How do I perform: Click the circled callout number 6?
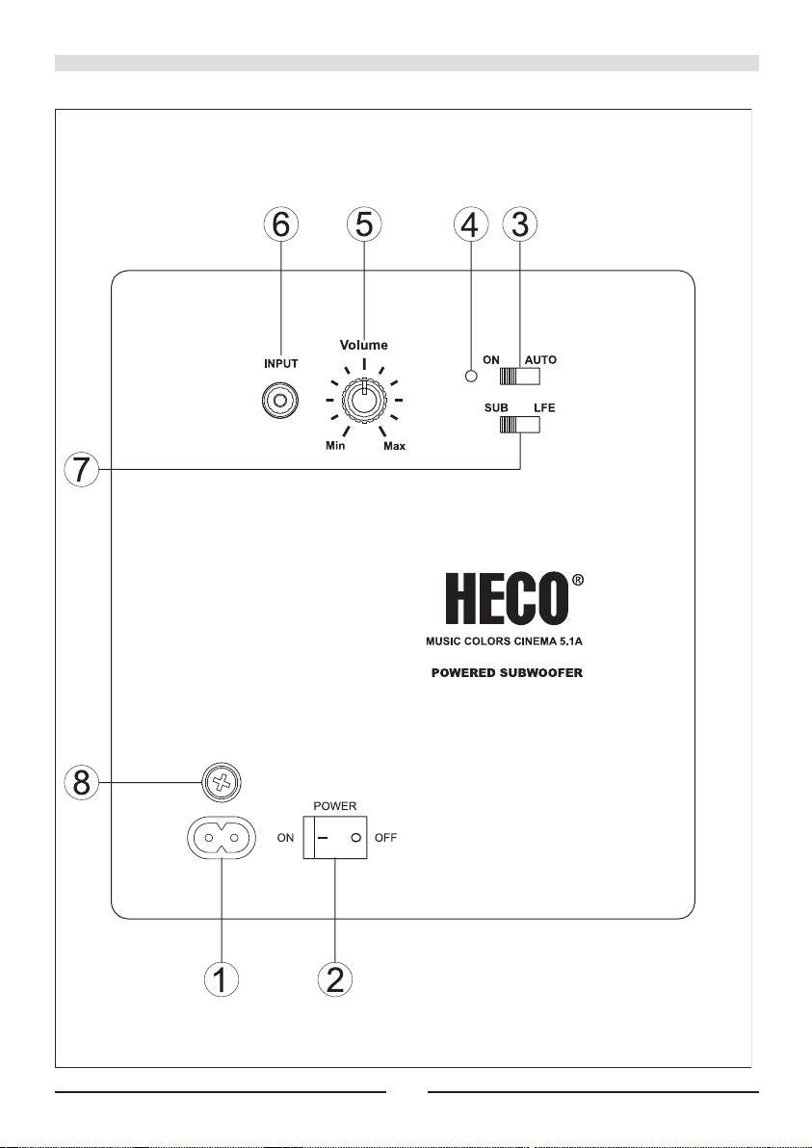click(281, 225)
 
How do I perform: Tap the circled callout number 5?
click(364, 225)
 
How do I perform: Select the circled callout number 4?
click(470, 225)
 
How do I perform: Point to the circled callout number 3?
click(519, 225)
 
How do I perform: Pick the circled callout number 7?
click(81, 470)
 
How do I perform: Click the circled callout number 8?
click(81, 783)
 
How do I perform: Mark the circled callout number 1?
click(221, 978)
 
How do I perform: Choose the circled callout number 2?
click(334, 978)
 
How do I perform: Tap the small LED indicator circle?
click(472, 378)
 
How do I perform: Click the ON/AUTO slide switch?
click(520, 377)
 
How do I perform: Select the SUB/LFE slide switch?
click(520, 425)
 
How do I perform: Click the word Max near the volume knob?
click(394, 446)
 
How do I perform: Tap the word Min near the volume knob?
click(335, 446)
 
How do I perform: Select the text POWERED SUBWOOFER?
click(507, 673)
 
